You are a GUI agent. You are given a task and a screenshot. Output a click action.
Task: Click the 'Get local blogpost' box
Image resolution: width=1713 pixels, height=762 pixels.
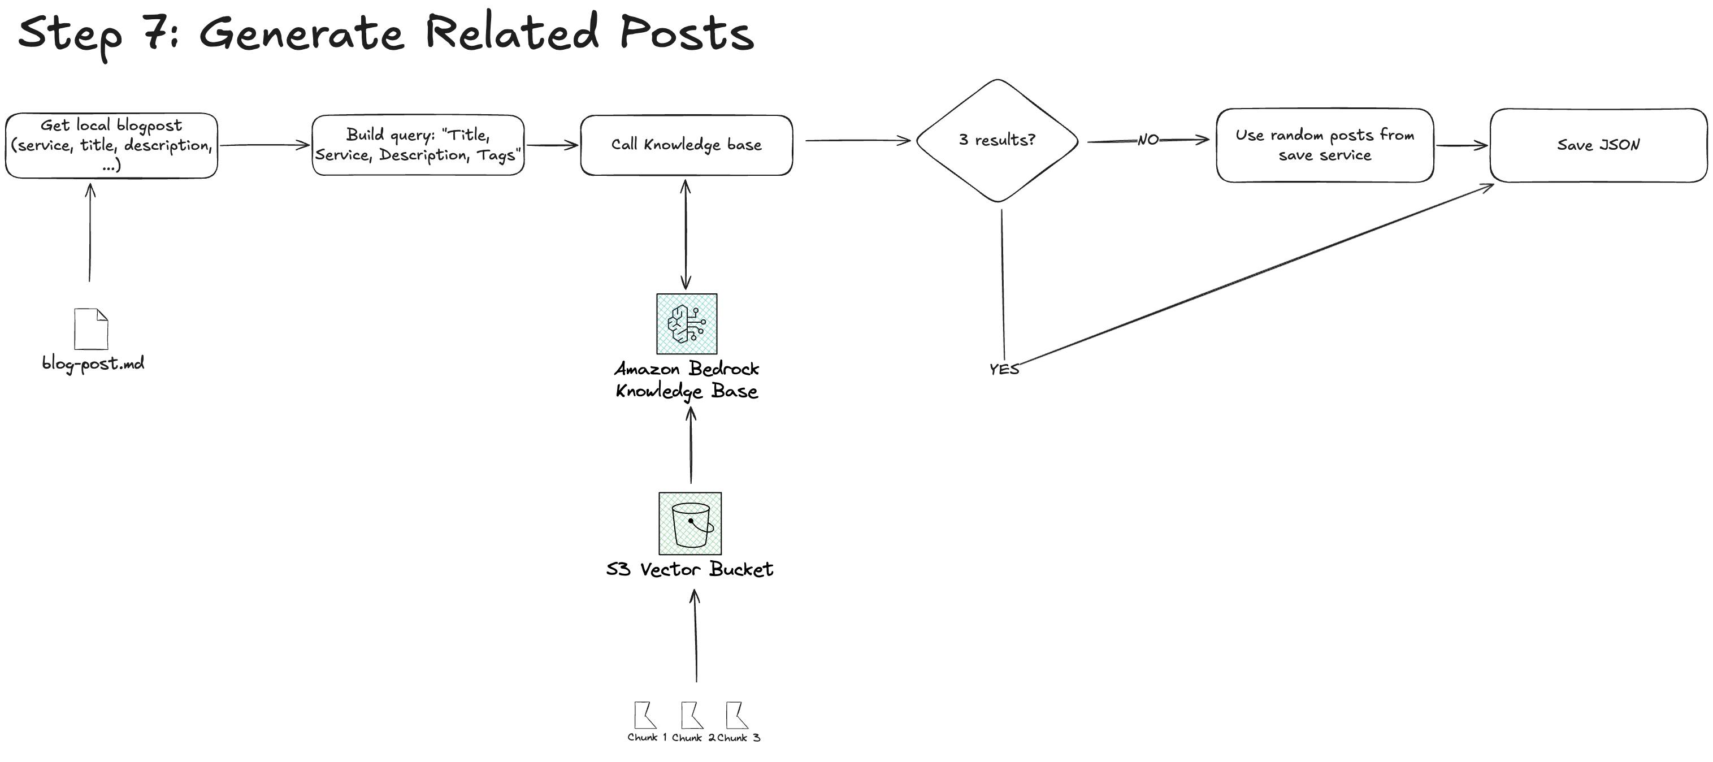(111, 145)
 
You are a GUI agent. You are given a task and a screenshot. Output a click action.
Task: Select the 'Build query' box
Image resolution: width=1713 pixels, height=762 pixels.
(418, 145)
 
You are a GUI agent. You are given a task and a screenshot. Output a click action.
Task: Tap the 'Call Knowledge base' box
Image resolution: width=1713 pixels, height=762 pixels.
(686, 145)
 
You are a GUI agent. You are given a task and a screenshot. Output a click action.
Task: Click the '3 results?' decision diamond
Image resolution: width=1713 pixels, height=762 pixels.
(997, 140)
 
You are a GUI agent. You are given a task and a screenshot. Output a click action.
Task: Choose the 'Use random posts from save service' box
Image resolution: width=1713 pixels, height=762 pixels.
(1325, 145)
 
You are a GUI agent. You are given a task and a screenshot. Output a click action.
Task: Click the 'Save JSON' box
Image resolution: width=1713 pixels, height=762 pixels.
(1598, 145)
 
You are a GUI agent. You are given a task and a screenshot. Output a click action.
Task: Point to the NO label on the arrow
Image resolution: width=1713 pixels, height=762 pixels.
(1148, 140)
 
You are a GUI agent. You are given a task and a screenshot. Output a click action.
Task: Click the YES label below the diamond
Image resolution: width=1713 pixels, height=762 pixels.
(1004, 370)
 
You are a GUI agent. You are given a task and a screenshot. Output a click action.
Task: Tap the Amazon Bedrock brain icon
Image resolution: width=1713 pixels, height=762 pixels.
(686, 324)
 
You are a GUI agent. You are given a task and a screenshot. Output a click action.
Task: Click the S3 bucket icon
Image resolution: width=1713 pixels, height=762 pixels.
(690, 523)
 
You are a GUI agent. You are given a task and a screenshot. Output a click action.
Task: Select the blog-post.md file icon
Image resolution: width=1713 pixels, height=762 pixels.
(91, 328)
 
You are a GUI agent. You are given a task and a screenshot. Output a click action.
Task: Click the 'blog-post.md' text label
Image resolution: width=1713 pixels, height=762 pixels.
(93, 363)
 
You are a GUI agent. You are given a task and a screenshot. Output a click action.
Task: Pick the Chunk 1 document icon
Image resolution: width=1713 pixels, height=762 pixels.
(644, 716)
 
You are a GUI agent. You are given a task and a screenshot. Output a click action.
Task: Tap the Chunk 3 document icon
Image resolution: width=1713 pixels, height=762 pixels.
(736, 716)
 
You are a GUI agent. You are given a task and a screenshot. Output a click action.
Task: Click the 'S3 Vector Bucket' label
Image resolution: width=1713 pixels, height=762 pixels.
(689, 570)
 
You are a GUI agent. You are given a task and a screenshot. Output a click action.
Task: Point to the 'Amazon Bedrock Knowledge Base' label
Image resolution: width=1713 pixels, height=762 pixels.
(686, 380)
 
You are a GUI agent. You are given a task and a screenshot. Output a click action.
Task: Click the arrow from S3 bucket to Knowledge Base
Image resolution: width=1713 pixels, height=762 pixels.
(691, 445)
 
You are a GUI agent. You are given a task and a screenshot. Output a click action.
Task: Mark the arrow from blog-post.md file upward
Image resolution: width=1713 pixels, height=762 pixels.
(90, 233)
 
